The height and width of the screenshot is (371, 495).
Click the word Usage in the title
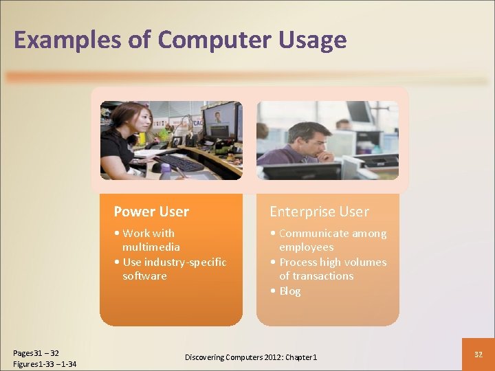(313, 41)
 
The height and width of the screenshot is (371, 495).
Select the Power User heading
(151, 212)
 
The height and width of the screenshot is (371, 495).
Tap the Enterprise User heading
(319, 212)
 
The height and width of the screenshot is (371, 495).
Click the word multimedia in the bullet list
(151, 247)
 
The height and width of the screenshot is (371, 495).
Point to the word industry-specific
(184, 262)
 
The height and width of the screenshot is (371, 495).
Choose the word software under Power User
(144, 276)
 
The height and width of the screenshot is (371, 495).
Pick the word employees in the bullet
(306, 247)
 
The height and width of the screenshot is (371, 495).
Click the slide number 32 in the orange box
(478, 353)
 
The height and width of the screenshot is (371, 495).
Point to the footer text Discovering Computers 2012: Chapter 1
(251, 357)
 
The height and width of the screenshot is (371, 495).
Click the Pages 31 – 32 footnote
(36, 353)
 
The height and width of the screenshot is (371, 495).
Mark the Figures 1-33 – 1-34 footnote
(45, 363)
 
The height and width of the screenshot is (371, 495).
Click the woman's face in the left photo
(133, 124)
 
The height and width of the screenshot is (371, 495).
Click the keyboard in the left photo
(180, 163)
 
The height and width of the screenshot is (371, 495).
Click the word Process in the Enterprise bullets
(297, 262)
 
